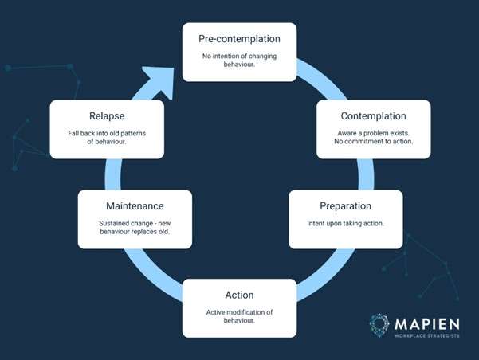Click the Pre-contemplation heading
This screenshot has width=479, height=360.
(x=239, y=37)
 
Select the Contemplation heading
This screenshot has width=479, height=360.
(x=373, y=115)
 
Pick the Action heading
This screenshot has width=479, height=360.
(x=239, y=295)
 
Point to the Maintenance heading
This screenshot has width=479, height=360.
(x=134, y=205)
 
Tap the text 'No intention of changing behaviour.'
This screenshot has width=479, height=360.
(x=239, y=59)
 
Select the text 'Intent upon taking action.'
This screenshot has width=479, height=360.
(x=344, y=223)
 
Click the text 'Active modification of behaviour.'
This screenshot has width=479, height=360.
(x=239, y=316)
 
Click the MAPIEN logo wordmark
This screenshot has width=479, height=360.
(x=426, y=324)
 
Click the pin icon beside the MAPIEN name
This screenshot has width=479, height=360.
(x=380, y=325)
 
